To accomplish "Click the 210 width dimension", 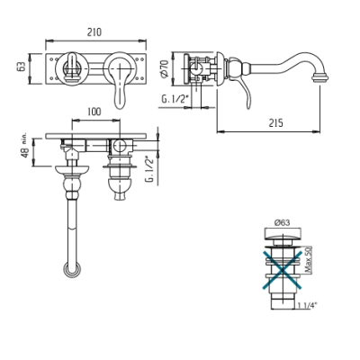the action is [94, 31].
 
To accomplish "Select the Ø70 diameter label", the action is [164, 69].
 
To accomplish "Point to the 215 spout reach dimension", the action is [275, 122].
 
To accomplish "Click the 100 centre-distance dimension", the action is [94, 112].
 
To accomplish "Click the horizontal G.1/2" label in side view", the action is [175, 99].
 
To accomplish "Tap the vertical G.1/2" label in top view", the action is [149, 169].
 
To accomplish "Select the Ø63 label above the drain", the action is [282, 222].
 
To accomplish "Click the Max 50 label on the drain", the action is [309, 260].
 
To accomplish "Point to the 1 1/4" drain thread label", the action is [308, 305].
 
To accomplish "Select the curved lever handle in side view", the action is [244, 94].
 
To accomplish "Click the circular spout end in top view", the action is [72, 270].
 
